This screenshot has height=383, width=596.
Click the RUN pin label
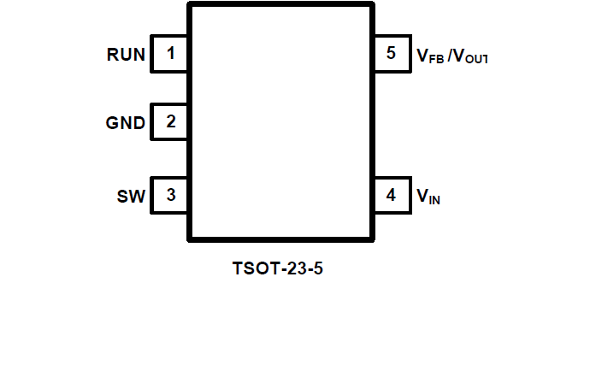click(x=126, y=55)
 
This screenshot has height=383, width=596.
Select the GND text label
click(x=125, y=123)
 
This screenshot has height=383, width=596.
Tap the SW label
click(x=132, y=197)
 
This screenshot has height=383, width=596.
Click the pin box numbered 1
click(x=170, y=54)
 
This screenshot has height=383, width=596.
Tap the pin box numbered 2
click(x=170, y=121)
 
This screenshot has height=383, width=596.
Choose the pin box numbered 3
click(x=170, y=195)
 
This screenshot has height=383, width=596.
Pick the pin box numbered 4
click(x=391, y=195)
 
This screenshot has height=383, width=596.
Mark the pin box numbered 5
click(x=391, y=54)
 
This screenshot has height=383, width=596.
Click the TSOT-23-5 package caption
click(x=279, y=268)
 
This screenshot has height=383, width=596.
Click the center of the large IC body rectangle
click(x=280, y=122)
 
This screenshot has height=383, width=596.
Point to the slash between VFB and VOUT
click(x=450, y=56)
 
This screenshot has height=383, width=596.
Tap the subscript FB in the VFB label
click(x=435, y=59)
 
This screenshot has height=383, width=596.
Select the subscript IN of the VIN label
click(x=434, y=201)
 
